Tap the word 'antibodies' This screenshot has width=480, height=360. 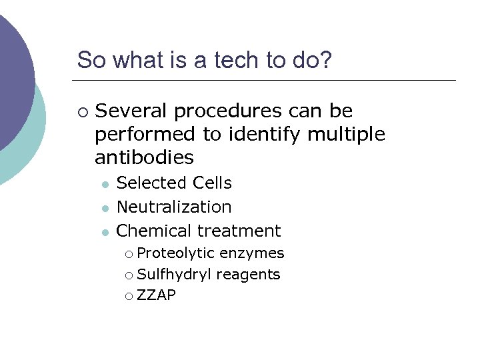(144, 158)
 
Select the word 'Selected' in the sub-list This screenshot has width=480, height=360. (152, 183)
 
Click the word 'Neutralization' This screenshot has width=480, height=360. (174, 207)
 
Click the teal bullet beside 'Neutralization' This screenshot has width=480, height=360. (104, 208)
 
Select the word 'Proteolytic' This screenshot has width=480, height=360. (176, 253)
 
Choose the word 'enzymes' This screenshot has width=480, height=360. (252, 253)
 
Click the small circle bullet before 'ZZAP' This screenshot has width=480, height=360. (128, 296)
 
